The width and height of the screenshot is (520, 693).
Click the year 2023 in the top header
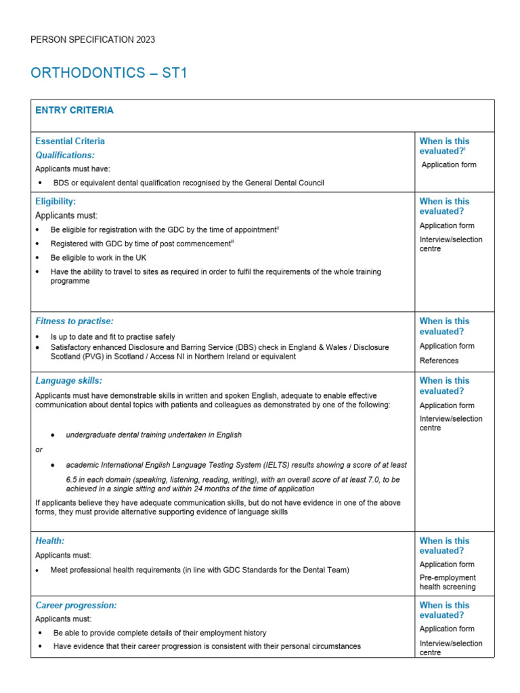coord(144,39)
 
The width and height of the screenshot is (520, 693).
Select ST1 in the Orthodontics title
coord(174,73)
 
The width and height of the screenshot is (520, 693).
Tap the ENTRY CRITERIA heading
coord(74,110)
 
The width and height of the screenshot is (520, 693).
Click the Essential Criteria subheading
coord(70,141)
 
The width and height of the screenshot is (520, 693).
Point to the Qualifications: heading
coord(65,155)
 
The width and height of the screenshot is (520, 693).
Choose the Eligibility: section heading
coord(56,201)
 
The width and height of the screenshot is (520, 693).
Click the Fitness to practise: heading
coord(74,321)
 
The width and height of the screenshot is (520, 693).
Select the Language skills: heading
coord(68,381)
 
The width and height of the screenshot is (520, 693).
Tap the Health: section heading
coord(49,541)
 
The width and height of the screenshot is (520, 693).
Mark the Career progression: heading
coord(76,606)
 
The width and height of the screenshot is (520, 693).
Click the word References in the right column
coord(439,361)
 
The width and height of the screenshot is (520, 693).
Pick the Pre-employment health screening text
coord(448,582)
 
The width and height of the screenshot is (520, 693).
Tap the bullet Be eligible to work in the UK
coord(98,258)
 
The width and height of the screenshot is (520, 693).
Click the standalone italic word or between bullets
coord(39,450)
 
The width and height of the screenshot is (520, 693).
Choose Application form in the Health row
coord(447,564)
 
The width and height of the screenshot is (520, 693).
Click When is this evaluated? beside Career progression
coord(444,610)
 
